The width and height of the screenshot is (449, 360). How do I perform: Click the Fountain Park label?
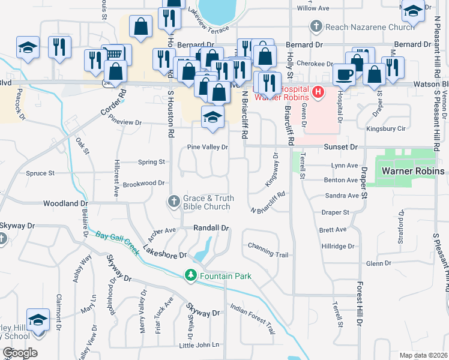[226, 276]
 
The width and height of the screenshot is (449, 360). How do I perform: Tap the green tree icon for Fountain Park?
[191, 275]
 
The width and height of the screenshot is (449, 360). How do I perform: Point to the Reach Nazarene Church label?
[369, 26]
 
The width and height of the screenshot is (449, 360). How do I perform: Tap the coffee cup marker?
[344, 74]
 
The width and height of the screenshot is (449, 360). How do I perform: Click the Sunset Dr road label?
[341, 146]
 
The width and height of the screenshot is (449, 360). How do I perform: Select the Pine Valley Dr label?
[208, 147]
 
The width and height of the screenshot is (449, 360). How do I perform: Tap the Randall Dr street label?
[211, 228]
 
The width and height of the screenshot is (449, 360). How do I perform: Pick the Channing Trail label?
[268, 255]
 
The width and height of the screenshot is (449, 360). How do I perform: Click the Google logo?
[19, 353]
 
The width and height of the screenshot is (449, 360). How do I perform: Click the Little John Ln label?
[199, 345]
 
